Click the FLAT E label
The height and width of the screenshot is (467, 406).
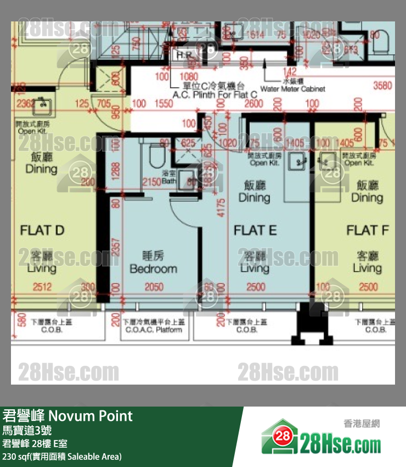pyautogui.click(x=255, y=230)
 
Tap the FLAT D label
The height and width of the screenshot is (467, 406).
pyautogui.click(x=42, y=230)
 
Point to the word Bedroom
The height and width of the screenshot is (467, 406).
pyautogui.click(x=153, y=269)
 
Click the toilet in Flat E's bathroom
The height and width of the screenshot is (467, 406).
pyautogui.click(x=157, y=156)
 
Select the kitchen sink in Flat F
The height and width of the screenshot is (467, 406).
pyautogui.click(x=329, y=161)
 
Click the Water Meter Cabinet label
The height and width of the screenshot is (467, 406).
pyautogui.click(x=292, y=88)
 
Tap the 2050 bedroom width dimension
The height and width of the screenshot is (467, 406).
pyautogui.click(x=154, y=287)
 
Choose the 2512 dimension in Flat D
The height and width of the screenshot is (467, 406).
pyautogui.click(x=42, y=287)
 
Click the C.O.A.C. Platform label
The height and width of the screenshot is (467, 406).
pyautogui.click(x=154, y=330)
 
